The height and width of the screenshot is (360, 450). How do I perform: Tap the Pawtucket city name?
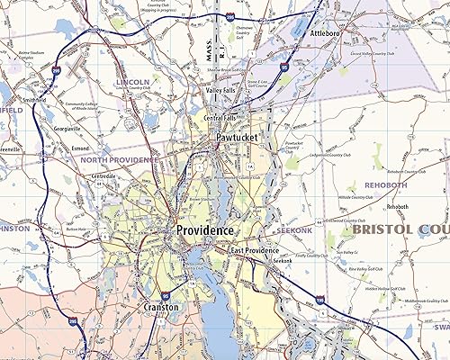237,138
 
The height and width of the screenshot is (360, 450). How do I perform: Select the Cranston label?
162,307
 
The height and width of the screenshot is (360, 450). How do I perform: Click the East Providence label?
256,250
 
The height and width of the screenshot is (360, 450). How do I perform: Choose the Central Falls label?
220,119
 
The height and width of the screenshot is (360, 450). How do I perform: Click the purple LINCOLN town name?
132,82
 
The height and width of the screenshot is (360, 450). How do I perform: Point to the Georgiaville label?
67,129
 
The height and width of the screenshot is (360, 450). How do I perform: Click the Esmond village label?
82,146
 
